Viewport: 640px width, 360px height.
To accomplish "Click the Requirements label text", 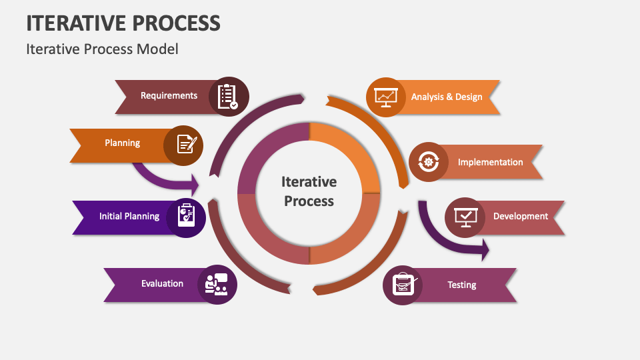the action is (x=169, y=95).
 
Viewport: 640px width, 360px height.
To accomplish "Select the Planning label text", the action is (x=123, y=143).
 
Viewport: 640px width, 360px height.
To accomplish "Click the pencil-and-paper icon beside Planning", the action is (x=187, y=144).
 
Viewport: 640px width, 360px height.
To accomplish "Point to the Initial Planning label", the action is (x=129, y=216).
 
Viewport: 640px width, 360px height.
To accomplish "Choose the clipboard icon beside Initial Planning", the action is (x=186, y=215).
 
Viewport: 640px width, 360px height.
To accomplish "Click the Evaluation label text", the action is (x=163, y=284).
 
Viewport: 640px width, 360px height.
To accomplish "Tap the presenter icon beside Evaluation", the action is (x=216, y=285).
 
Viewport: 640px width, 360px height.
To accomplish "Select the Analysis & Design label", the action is (x=447, y=97).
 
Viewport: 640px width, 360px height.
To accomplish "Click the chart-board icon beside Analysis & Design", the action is (x=386, y=97).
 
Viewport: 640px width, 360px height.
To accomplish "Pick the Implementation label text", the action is (x=490, y=163).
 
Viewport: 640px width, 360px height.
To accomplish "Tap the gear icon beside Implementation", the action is (x=429, y=162).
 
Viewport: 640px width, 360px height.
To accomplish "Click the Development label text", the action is (x=521, y=216).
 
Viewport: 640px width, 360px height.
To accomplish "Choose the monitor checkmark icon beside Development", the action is (x=465, y=217).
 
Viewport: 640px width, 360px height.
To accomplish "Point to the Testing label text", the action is (x=461, y=285).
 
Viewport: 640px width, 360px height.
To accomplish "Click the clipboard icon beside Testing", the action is (x=403, y=284).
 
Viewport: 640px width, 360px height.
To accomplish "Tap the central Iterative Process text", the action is (x=309, y=191).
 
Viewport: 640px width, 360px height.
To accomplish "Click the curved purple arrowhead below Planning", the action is (x=194, y=185).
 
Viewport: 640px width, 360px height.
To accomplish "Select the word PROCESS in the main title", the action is (x=177, y=23).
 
